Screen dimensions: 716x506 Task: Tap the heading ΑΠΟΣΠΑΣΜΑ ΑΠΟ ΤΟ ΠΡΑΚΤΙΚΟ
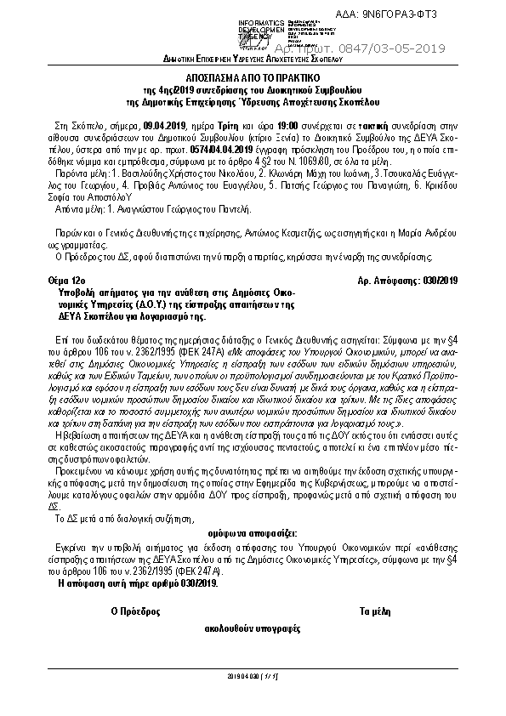point(253,75)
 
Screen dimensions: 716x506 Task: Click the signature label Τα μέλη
point(375,611)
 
